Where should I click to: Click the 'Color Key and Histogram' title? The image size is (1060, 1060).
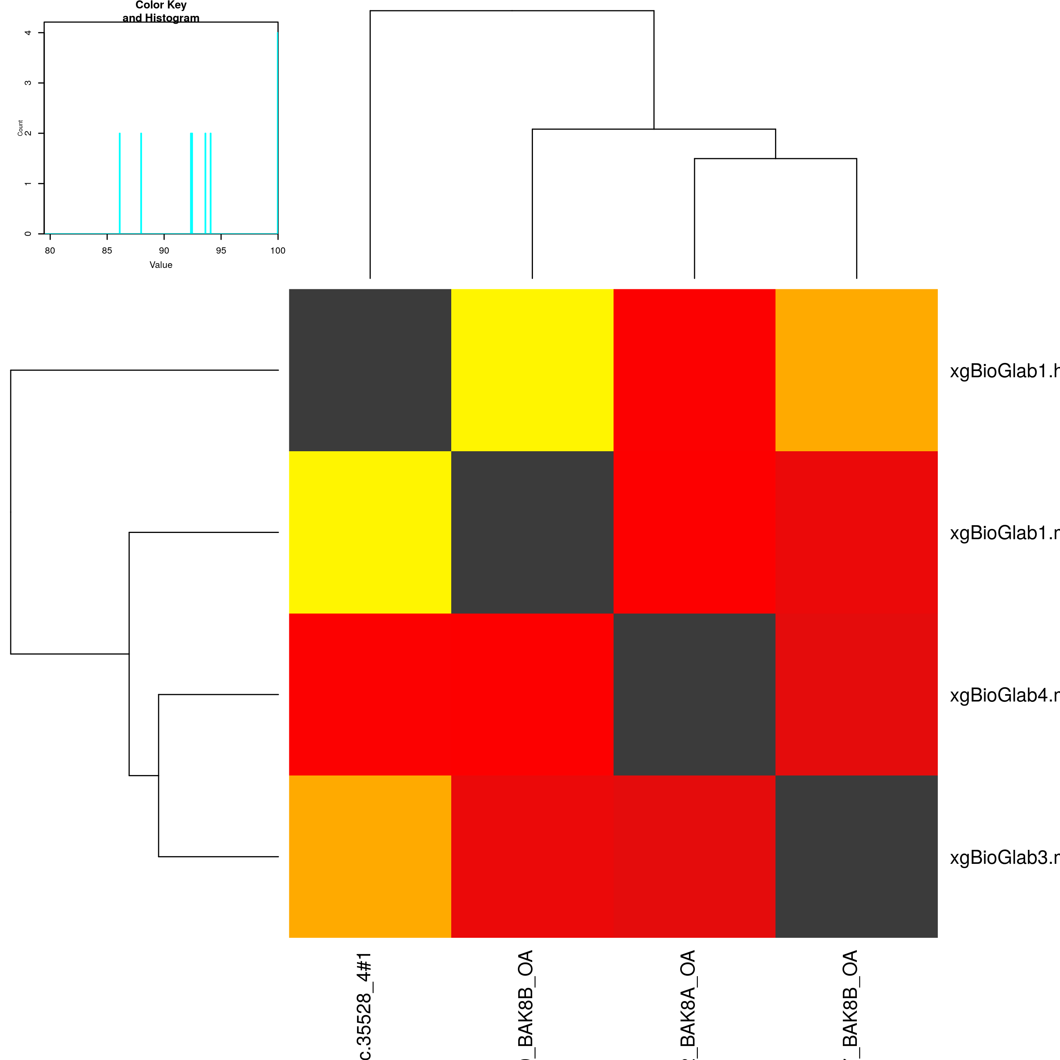[161, 11]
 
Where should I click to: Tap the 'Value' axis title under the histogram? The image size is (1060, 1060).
[161, 265]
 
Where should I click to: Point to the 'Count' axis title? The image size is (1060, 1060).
[20, 128]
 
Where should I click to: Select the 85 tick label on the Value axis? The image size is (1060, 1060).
[107, 251]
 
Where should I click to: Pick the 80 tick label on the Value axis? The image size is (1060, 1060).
[50, 251]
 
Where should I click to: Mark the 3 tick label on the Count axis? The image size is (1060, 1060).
[28, 83]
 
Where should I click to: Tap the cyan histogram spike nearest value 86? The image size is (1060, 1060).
[120, 183]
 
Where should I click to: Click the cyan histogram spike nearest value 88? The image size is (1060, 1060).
[141, 183]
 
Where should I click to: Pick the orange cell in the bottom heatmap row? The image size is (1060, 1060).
[370, 856]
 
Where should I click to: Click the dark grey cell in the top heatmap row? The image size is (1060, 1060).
[370, 370]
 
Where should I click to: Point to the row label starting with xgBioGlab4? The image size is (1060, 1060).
[1004, 696]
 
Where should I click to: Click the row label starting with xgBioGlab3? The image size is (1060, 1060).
[1004, 858]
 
